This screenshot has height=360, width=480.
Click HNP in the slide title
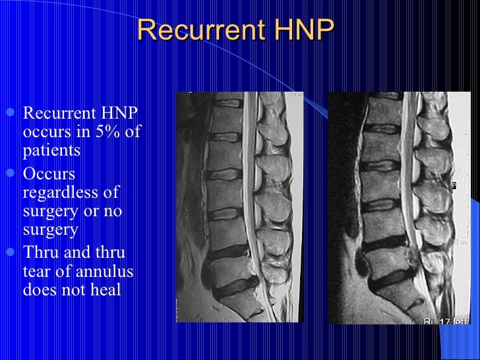click(302, 30)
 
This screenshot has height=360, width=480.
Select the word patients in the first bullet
click(51, 150)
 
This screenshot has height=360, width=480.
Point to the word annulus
click(97, 272)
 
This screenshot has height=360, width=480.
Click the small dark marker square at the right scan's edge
click(454, 186)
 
